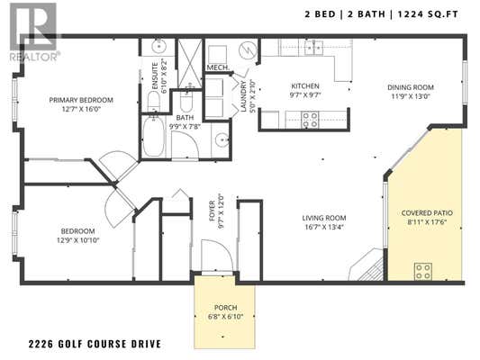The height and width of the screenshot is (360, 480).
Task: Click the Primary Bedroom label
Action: [81, 100]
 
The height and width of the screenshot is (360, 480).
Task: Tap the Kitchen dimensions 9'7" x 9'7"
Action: [305, 95]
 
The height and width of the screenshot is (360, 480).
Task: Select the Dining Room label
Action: [411, 87]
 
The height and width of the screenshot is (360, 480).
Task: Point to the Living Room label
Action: [324, 218]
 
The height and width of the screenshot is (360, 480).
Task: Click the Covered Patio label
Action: [427, 213]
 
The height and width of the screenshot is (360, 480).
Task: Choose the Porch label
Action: [226, 308]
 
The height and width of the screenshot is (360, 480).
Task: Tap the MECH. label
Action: [218, 67]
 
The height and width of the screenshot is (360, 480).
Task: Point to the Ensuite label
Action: [155, 76]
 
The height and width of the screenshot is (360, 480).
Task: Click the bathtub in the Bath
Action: [153, 136]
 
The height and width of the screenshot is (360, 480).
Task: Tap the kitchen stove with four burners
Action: [310, 120]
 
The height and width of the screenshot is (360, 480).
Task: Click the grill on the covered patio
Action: [423, 271]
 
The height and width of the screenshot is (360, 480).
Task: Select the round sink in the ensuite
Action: [158, 47]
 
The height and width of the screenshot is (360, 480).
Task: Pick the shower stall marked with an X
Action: [190, 63]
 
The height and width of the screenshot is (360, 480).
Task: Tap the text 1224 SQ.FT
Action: [428, 14]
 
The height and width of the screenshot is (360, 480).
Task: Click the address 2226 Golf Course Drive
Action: [95, 344]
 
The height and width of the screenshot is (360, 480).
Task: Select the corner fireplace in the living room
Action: [367, 265]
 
